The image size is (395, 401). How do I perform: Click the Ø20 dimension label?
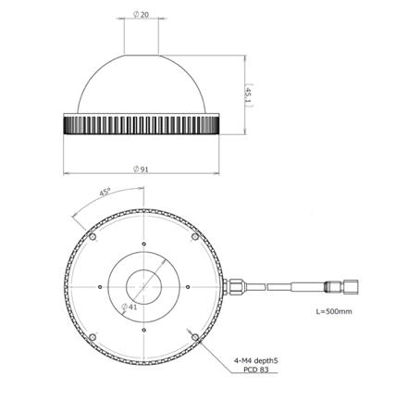click(141, 15)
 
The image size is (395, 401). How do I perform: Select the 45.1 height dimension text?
click(249, 95)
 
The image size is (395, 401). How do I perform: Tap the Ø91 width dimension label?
click(141, 169)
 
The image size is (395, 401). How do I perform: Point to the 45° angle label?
click(105, 193)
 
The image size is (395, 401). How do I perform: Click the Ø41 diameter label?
click(130, 307)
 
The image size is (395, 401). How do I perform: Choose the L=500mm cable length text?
click(334, 311)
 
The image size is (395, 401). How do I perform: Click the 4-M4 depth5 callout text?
click(256, 360)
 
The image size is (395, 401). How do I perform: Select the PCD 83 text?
click(256, 370)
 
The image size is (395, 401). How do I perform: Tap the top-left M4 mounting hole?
click(93, 237)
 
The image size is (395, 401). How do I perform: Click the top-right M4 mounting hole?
click(195, 237)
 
